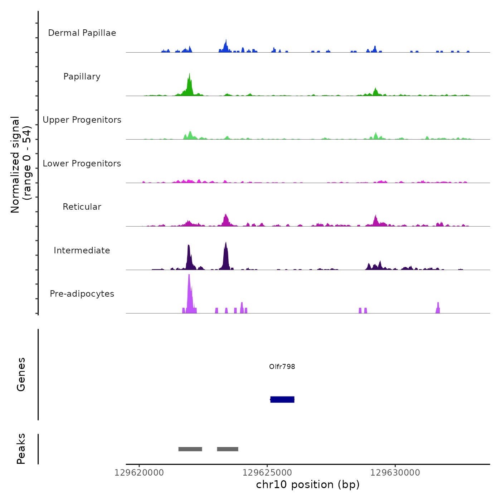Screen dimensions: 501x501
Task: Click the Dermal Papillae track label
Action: tap(82, 33)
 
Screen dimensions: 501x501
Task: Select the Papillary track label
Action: tap(82, 77)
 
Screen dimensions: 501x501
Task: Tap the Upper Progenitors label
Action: tap(82, 120)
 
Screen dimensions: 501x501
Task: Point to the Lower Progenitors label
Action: tap(82, 164)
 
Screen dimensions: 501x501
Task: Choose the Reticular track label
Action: tap(82, 207)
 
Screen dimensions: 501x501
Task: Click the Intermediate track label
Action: tap(82, 250)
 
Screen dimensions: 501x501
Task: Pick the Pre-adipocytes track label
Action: tap(82, 294)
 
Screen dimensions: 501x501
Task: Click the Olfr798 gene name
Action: tap(282, 366)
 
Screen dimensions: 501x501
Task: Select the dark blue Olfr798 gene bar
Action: tap(282, 399)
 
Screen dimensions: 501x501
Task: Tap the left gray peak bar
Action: tap(190, 449)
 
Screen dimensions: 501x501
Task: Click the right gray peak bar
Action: tap(228, 449)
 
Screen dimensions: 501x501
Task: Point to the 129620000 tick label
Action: tap(139, 473)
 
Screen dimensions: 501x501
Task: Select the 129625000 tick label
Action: tap(267, 473)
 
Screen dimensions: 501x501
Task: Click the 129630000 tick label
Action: tap(395, 473)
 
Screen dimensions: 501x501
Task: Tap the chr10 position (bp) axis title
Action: tap(308, 485)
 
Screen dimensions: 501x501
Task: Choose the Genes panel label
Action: tap(21, 374)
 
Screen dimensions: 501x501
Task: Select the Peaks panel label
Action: tap(21, 449)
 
